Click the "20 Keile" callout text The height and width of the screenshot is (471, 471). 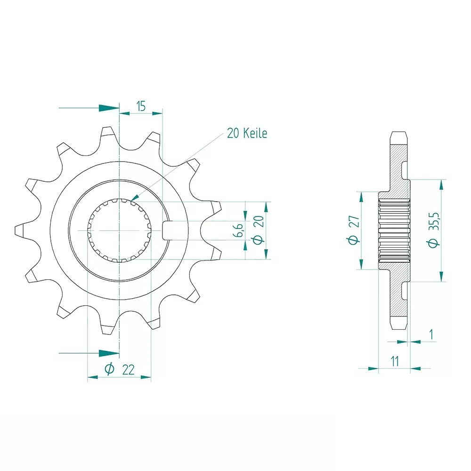[x=247, y=134]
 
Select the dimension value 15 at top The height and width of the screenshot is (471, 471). [x=140, y=106]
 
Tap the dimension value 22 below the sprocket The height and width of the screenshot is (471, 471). [x=128, y=370]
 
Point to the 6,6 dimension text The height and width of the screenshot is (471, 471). [x=239, y=231]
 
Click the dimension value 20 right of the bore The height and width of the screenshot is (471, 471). [x=257, y=231]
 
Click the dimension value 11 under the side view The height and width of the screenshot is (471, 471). [x=395, y=361]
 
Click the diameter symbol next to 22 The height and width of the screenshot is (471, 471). [x=109, y=370]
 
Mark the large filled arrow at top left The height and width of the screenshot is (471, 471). [x=108, y=108]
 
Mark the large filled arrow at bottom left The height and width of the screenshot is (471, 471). [x=108, y=353]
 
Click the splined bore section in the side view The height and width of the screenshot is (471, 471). [x=394, y=230]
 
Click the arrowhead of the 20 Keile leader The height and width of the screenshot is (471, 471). [x=133, y=200]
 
